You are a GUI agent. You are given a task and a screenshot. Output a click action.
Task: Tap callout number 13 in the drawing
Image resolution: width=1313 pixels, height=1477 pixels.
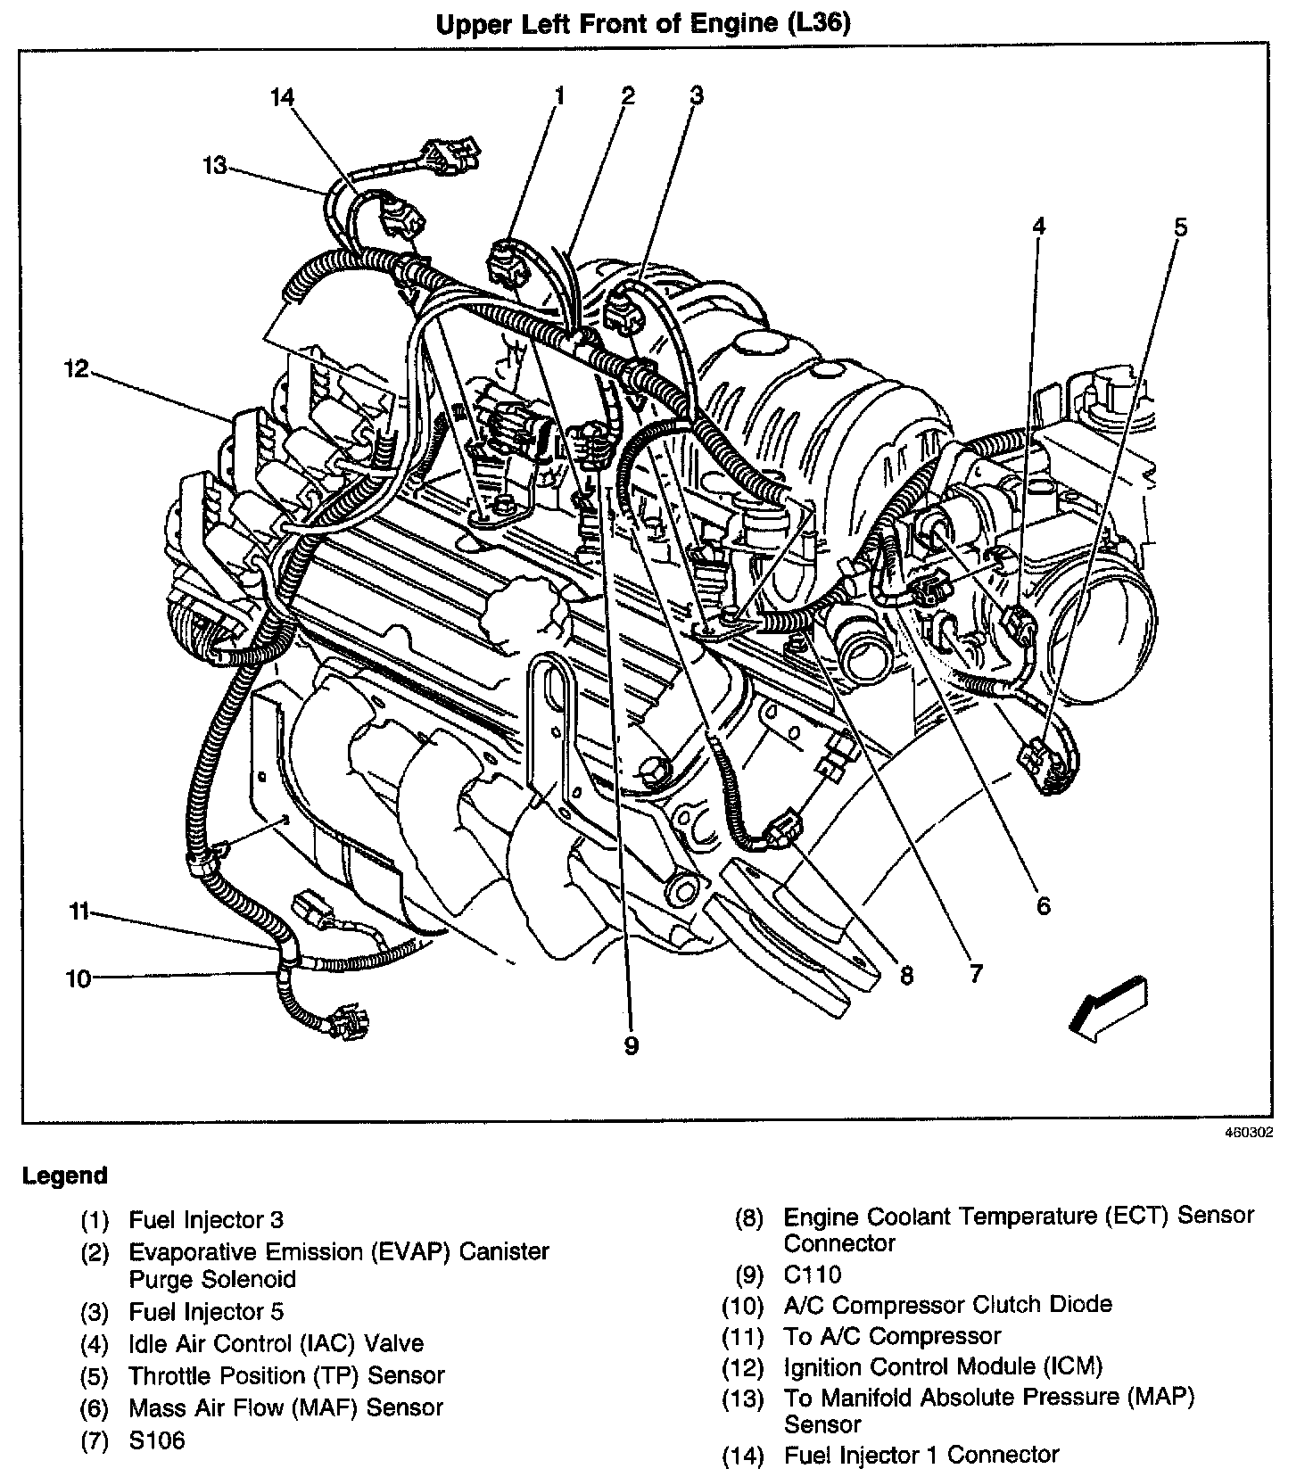(x=215, y=165)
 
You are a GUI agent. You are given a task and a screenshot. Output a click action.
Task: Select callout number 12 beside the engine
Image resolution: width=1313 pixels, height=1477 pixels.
(x=77, y=367)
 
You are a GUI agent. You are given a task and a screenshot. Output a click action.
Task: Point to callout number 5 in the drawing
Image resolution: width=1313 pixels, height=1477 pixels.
(x=1180, y=227)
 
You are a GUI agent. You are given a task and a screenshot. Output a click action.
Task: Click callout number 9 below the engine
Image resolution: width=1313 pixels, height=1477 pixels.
(x=632, y=1045)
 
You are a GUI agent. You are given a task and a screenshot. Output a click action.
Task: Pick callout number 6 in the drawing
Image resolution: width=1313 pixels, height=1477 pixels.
(x=1043, y=906)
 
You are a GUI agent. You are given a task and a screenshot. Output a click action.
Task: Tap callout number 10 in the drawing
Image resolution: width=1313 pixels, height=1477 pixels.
(x=78, y=978)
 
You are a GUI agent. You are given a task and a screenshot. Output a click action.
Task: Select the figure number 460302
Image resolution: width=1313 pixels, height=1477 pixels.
(x=1248, y=1134)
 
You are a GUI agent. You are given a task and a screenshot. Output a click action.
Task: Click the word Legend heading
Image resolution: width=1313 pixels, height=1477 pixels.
(x=64, y=1176)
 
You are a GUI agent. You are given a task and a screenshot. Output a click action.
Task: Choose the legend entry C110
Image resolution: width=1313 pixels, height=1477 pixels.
(x=812, y=1275)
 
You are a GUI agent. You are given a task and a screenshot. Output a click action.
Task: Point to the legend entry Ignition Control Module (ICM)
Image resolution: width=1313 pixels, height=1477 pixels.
(x=943, y=1366)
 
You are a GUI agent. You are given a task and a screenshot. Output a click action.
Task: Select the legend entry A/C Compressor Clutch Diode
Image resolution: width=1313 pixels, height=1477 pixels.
(x=947, y=1305)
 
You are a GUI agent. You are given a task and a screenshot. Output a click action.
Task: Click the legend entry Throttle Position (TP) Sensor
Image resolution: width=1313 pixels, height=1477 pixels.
(x=286, y=1375)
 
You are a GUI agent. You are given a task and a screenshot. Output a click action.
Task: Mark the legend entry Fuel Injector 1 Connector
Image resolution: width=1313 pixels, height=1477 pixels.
(x=921, y=1455)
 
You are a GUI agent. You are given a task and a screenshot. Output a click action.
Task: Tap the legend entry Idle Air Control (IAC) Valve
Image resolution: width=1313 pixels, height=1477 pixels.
(x=276, y=1343)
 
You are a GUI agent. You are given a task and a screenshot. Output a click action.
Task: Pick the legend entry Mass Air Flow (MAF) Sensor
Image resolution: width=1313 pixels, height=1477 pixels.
(x=285, y=1407)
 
